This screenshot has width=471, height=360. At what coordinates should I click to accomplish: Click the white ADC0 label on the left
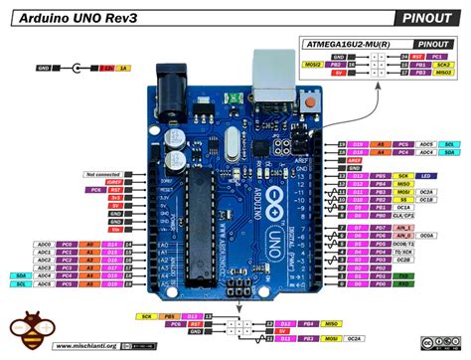click(44, 244)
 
